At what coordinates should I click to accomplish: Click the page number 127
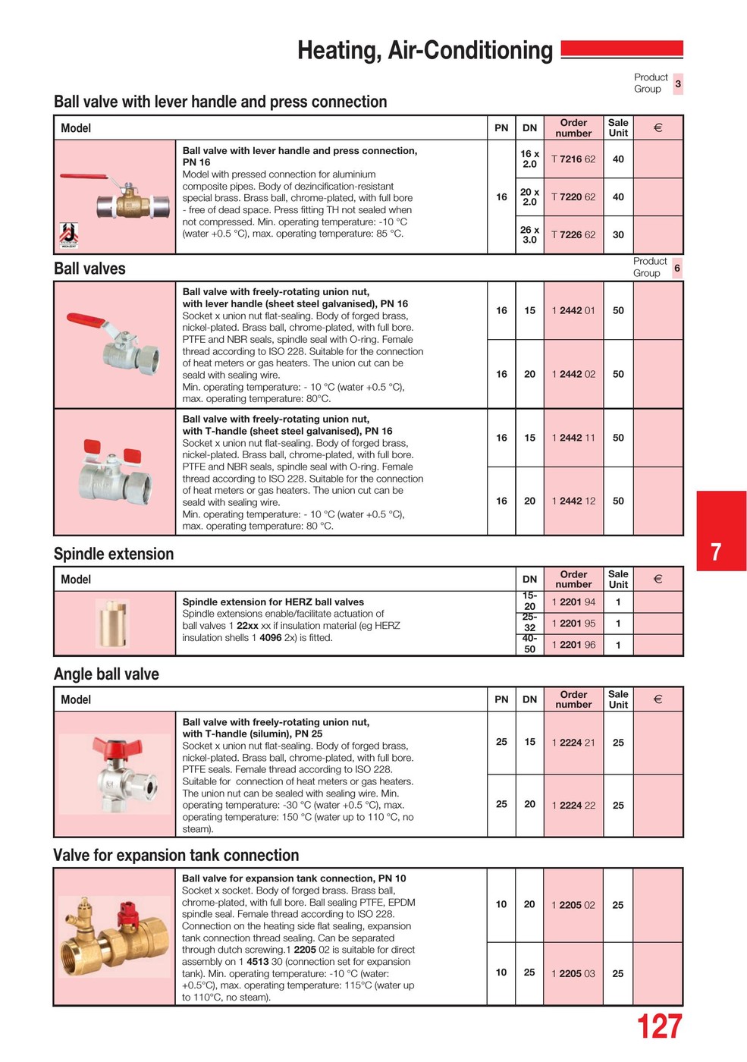[659, 1027]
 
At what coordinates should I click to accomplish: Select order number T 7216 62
[573, 159]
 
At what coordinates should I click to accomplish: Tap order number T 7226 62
[573, 235]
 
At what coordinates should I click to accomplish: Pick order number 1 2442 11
[573, 438]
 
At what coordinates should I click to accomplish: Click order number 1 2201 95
[573, 624]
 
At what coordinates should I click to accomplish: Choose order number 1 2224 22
[573, 806]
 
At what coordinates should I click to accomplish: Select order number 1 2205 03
[573, 973]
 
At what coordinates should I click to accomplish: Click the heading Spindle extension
[114, 554]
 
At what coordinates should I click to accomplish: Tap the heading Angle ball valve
[106, 674]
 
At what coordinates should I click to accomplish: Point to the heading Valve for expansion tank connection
[176, 856]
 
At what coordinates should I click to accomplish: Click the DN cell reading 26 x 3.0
[529, 235]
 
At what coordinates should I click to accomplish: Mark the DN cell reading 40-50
[529, 644]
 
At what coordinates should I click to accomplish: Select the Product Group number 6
[677, 268]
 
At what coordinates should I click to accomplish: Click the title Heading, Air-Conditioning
[425, 51]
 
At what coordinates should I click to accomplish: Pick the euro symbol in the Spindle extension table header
[658, 580]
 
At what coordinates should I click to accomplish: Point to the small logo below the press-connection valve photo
[69, 234]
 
